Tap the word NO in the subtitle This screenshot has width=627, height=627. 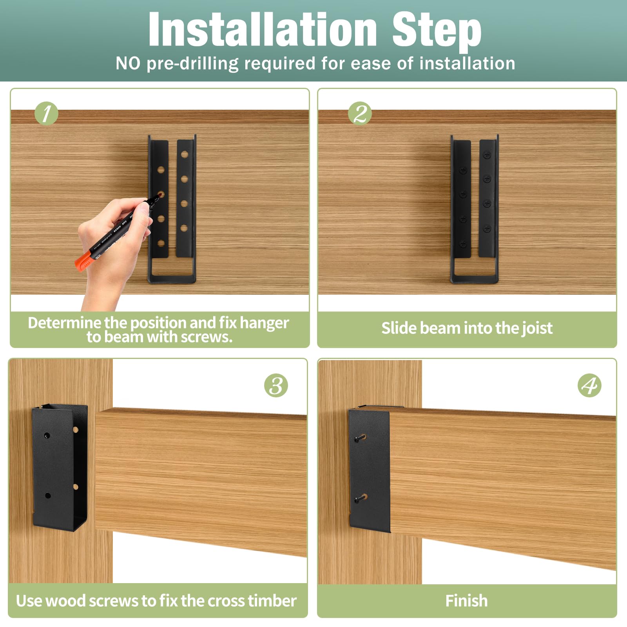(x=128, y=63)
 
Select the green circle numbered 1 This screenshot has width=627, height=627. (x=46, y=114)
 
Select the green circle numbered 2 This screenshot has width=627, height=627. (x=360, y=114)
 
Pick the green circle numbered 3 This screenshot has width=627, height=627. (x=276, y=385)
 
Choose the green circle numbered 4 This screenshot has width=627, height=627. (x=589, y=386)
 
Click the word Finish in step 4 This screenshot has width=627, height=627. (x=466, y=601)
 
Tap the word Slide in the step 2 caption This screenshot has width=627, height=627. (x=399, y=328)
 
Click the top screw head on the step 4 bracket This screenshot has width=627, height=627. (x=358, y=439)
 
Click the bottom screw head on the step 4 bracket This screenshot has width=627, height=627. (x=358, y=499)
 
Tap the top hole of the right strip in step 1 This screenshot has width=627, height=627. (x=185, y=154)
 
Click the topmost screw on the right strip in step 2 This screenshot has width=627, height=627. (x=487, y=155)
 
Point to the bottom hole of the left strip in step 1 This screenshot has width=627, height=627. (x=161, y=243)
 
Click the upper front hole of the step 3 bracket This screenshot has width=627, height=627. (x=47, y=435)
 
